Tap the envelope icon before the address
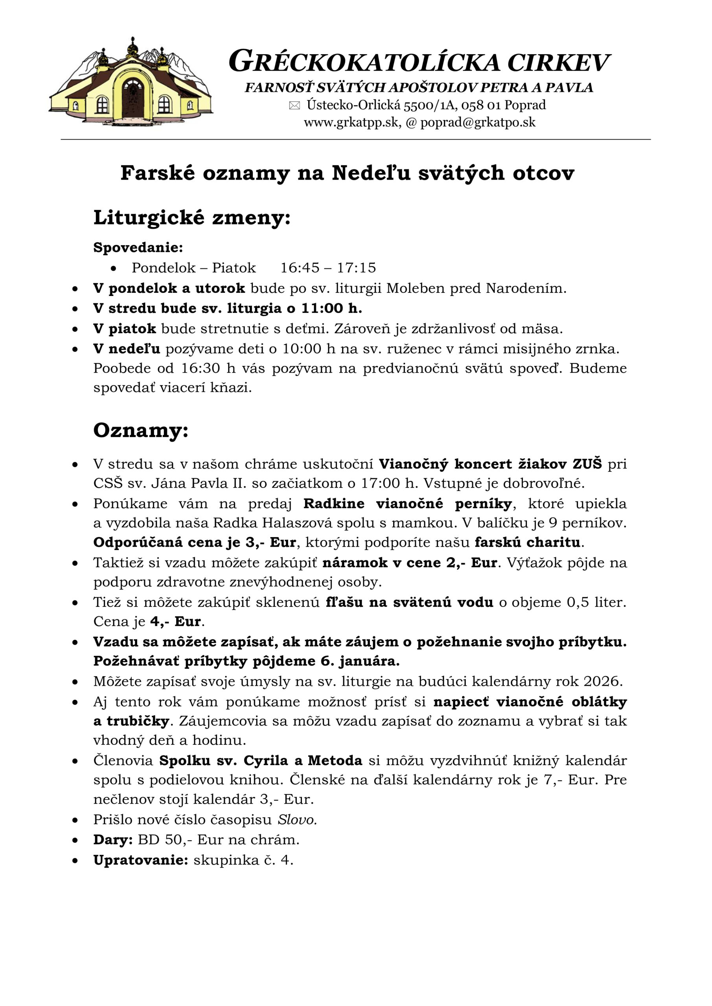click(294, 106)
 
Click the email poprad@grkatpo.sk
click(477, 122)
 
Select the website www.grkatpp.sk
click(351, 122)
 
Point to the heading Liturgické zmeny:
click(192, 218)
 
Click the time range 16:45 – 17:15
click(328, 268)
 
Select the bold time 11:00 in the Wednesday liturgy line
click(322, 308)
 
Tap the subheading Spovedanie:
click(138, 248)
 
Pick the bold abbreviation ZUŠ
click(587, 464)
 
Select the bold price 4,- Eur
click(175, 621)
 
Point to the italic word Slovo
click(297, 819)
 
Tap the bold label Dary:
click(113, 839)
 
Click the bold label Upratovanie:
click(140, 860)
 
